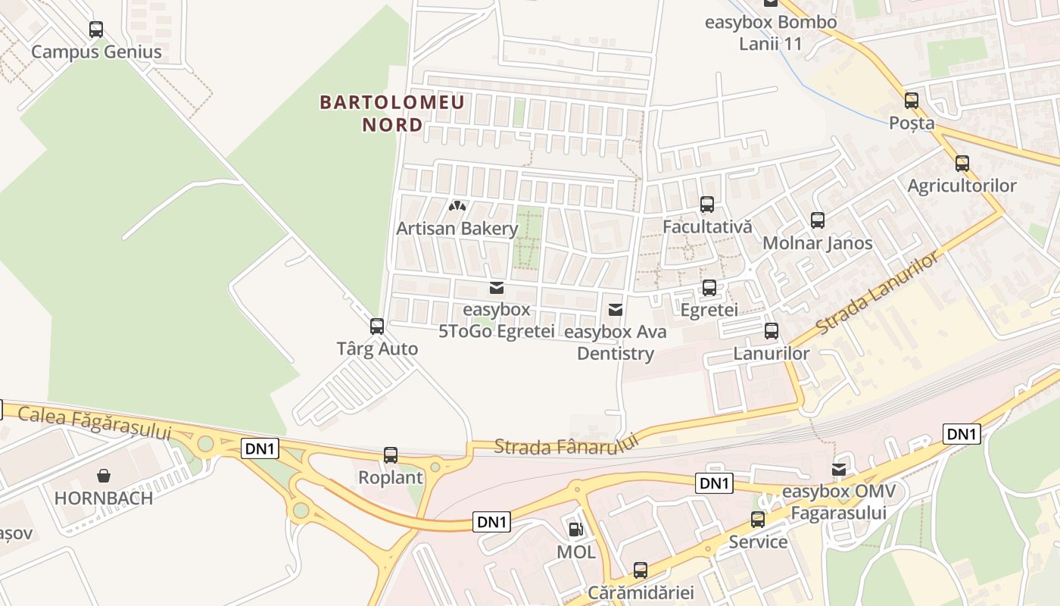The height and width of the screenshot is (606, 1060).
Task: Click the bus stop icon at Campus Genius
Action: (96, 30)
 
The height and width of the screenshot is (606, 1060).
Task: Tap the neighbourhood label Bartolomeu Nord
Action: (392, 113)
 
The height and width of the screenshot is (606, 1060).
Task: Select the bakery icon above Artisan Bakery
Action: (457, 205)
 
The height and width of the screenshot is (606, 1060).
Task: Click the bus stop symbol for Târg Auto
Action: (376, 326)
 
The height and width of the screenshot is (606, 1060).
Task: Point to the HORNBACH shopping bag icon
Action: (104, 476)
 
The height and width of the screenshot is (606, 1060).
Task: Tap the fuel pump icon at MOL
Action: (575, 529)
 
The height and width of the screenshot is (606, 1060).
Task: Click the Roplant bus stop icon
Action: (391, 455)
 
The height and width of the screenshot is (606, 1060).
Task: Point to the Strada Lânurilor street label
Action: (878, 294)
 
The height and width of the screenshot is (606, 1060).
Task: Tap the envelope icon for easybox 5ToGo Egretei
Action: (497, 287)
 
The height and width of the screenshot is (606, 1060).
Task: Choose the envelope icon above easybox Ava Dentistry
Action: (616, 309)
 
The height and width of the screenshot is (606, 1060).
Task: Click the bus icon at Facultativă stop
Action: (707, 204)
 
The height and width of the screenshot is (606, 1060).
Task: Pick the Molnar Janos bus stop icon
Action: (818, 220)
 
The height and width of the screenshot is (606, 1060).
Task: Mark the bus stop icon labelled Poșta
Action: (912, 100)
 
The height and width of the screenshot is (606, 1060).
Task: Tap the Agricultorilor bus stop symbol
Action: (962, 163)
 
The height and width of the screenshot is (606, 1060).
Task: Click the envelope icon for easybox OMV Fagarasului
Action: (839, 470)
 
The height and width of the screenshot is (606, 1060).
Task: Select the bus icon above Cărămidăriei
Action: (641, 570)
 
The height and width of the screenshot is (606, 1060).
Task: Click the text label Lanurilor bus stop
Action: (772, 353)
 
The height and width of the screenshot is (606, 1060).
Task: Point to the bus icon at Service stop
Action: (758, 520)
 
